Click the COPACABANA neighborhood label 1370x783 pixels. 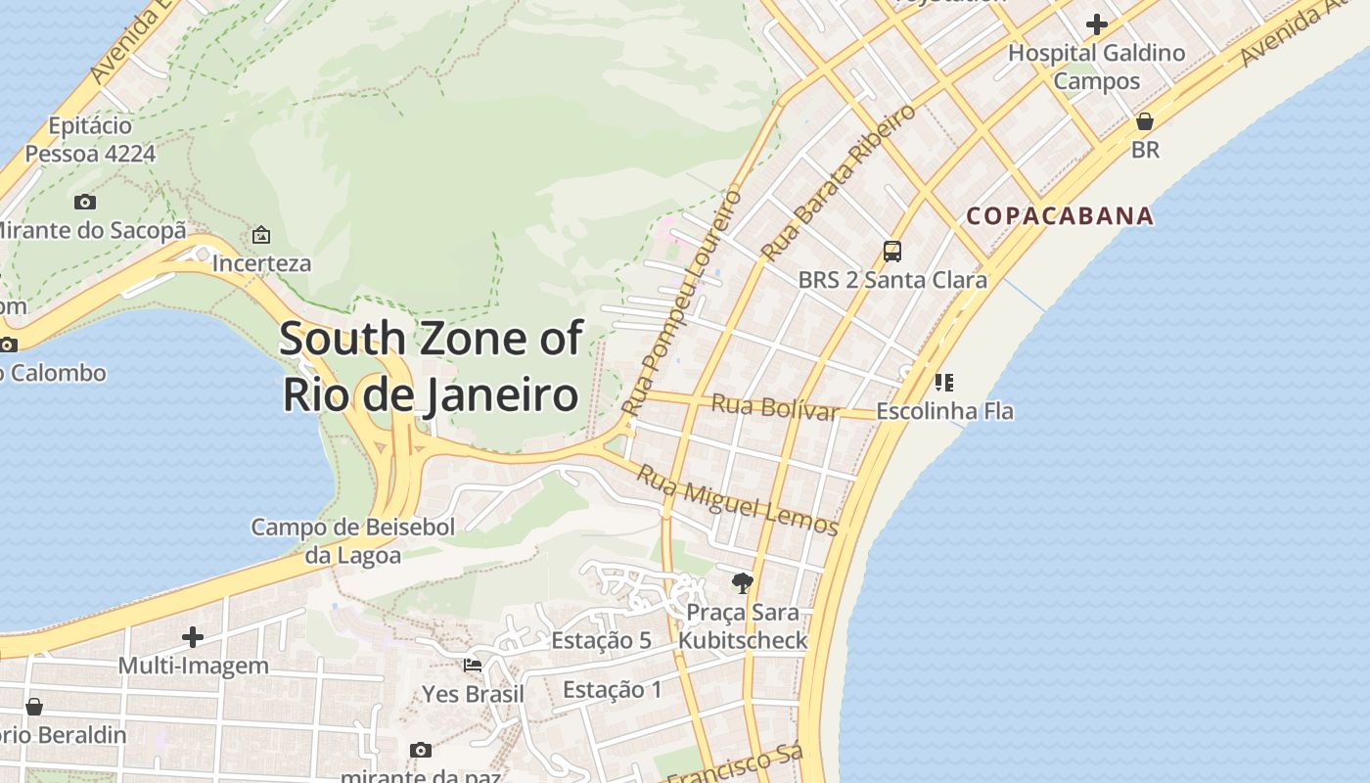tap(1060, 216)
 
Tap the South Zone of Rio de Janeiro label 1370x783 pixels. tap(431, 367)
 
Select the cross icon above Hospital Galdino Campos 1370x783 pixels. tap(1097, 23)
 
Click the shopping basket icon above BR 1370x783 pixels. tap(1144, 121)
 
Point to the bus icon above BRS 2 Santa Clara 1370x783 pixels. tap(892, 251)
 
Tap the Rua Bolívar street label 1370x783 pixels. tap(775, 406)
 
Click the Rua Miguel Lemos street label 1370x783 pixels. tap(738, 500)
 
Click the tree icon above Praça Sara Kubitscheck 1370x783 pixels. tap(743, 583)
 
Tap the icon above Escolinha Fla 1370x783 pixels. tap(944, 382)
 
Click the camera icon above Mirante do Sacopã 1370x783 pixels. tap(85, 202)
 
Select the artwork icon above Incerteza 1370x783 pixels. tap(261, 235)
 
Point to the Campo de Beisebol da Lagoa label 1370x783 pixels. tap(353, 541)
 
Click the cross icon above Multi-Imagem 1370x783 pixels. tap(193, 637)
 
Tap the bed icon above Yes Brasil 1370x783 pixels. tap(473, 666)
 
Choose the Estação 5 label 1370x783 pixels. tap(601, 640)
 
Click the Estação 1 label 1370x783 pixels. tap(613, 689)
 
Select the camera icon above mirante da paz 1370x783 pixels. tap(421, 750)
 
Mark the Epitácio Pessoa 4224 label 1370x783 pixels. tap(90, 140)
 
